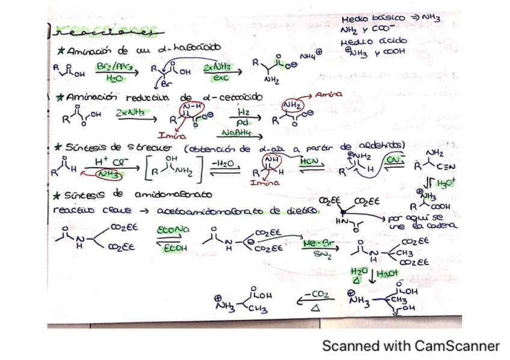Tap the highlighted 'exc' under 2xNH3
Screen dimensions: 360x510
pos(220,78)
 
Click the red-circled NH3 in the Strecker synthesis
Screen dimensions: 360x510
pos(110,174)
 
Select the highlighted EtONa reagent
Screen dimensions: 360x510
pos(173,230)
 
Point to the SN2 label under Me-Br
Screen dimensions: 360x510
pos(320,255)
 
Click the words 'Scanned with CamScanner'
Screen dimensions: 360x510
pos(411,346)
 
